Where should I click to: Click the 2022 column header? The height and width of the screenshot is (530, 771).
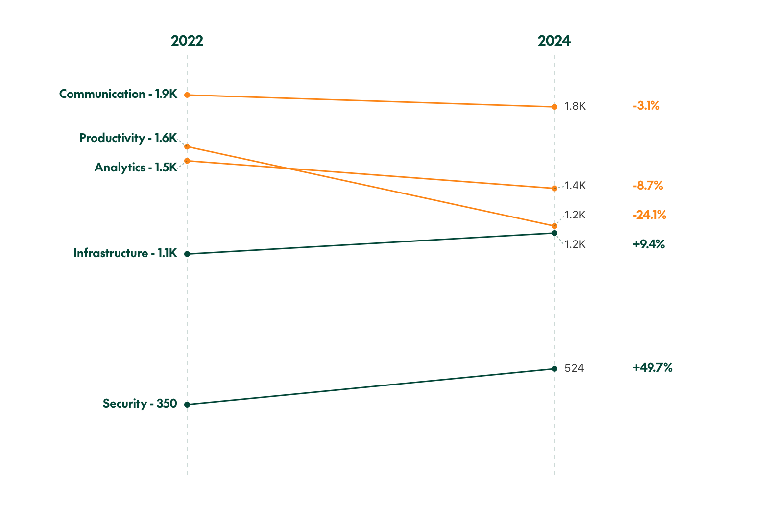187,41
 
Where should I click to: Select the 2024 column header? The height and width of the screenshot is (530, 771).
554,41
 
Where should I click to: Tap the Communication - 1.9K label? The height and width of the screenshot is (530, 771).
118,94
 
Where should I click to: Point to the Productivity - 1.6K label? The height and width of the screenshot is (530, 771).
128,138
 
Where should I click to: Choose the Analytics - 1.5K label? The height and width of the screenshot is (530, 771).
136,168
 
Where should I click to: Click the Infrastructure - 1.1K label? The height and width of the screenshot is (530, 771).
125,253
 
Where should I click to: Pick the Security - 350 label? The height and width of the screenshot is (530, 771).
140,404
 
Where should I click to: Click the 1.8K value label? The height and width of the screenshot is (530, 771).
575,106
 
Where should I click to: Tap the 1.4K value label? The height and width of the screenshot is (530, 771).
575,186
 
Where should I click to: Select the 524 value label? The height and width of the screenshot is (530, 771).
574,368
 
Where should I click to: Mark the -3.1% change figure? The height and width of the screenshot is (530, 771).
646,106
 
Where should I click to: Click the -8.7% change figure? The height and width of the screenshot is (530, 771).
648,186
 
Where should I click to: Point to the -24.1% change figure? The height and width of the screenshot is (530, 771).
649,215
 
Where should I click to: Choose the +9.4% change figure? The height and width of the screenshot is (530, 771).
649,244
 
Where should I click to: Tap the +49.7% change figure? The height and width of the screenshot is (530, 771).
652,368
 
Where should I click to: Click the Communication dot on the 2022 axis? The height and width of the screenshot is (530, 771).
187,95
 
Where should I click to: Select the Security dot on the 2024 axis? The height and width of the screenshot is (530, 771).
554,369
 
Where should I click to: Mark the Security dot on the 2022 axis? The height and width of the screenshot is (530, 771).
187,405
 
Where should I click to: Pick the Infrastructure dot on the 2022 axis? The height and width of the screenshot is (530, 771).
187,254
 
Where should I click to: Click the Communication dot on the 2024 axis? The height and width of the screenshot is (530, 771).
554,107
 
